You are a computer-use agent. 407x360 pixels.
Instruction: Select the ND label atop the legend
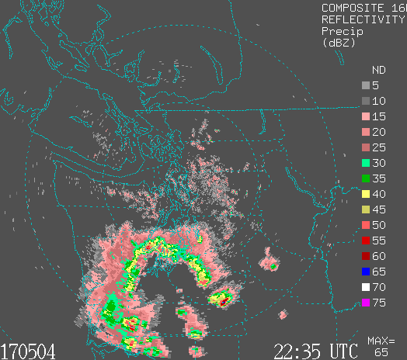378,69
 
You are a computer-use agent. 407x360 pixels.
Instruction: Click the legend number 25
379,147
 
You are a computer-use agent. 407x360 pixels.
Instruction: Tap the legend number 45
379,209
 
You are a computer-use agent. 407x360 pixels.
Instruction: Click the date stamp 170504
28,351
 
